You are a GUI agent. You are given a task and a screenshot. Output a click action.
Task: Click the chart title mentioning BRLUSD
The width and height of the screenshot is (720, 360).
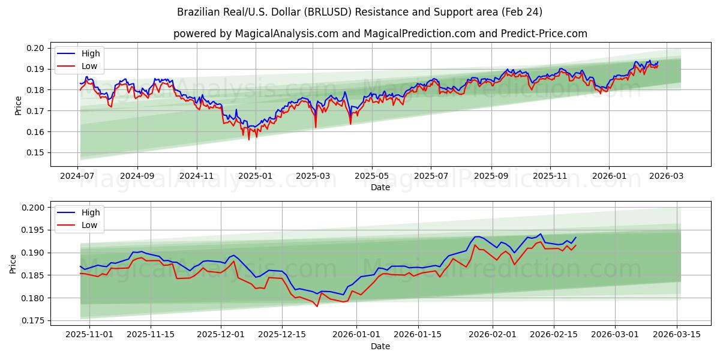(x=360, y=12)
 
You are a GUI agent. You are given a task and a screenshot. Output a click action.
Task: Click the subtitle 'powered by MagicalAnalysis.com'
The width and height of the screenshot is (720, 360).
(x=380, y=34)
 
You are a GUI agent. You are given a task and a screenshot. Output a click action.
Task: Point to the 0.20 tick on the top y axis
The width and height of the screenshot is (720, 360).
(x=36, y=48)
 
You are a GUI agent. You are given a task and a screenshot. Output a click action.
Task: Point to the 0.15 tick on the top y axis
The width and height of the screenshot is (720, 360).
(x=36, y=152)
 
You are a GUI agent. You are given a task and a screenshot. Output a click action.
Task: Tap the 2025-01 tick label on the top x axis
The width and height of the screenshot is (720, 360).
(x=256, y=176)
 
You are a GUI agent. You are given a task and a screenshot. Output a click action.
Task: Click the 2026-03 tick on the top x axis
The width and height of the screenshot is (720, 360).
(x=666, y=176)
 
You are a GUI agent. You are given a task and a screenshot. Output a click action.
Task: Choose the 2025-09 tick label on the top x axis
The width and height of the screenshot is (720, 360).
(x=491, y=176)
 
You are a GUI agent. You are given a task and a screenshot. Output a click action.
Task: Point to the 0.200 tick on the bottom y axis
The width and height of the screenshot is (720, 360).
(x=34, y=208)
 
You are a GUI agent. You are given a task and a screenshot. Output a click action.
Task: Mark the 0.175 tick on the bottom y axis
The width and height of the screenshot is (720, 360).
(x=34, y=320)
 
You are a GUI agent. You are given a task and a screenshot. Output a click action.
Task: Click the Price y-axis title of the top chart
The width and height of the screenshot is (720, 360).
(x=18, y=106)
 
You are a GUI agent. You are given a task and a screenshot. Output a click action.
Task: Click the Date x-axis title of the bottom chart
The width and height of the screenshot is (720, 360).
(x=380, y=346)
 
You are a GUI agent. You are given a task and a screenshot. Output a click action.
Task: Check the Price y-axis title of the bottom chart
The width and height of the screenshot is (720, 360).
(x=13, y=264)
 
